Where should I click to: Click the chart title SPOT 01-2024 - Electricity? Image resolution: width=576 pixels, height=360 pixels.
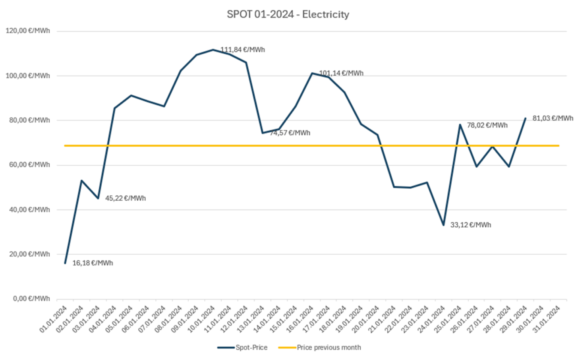[288, 14]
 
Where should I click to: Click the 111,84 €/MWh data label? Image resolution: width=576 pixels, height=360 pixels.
[243, 49]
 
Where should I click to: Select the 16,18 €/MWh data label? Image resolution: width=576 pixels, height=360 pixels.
[92, 263]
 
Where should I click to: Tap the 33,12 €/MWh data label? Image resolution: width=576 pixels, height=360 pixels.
[471, 225]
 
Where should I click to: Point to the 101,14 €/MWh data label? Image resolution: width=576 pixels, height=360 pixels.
[341, 73]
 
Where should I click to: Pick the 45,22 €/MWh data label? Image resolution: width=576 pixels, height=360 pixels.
[125, 198]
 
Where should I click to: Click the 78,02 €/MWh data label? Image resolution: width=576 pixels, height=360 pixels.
[487, 125]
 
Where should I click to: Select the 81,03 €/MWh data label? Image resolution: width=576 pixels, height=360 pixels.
[553, 118]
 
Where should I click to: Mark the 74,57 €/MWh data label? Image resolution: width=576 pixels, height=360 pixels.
[290, 133]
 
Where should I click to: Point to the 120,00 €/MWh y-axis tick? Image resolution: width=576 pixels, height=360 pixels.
[28, 31]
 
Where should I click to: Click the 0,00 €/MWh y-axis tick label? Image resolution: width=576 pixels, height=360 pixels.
[31, 298]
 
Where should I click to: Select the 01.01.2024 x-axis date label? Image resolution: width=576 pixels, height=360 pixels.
[54, 319]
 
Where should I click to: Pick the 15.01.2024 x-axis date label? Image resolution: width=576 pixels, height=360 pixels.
[284, 319]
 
